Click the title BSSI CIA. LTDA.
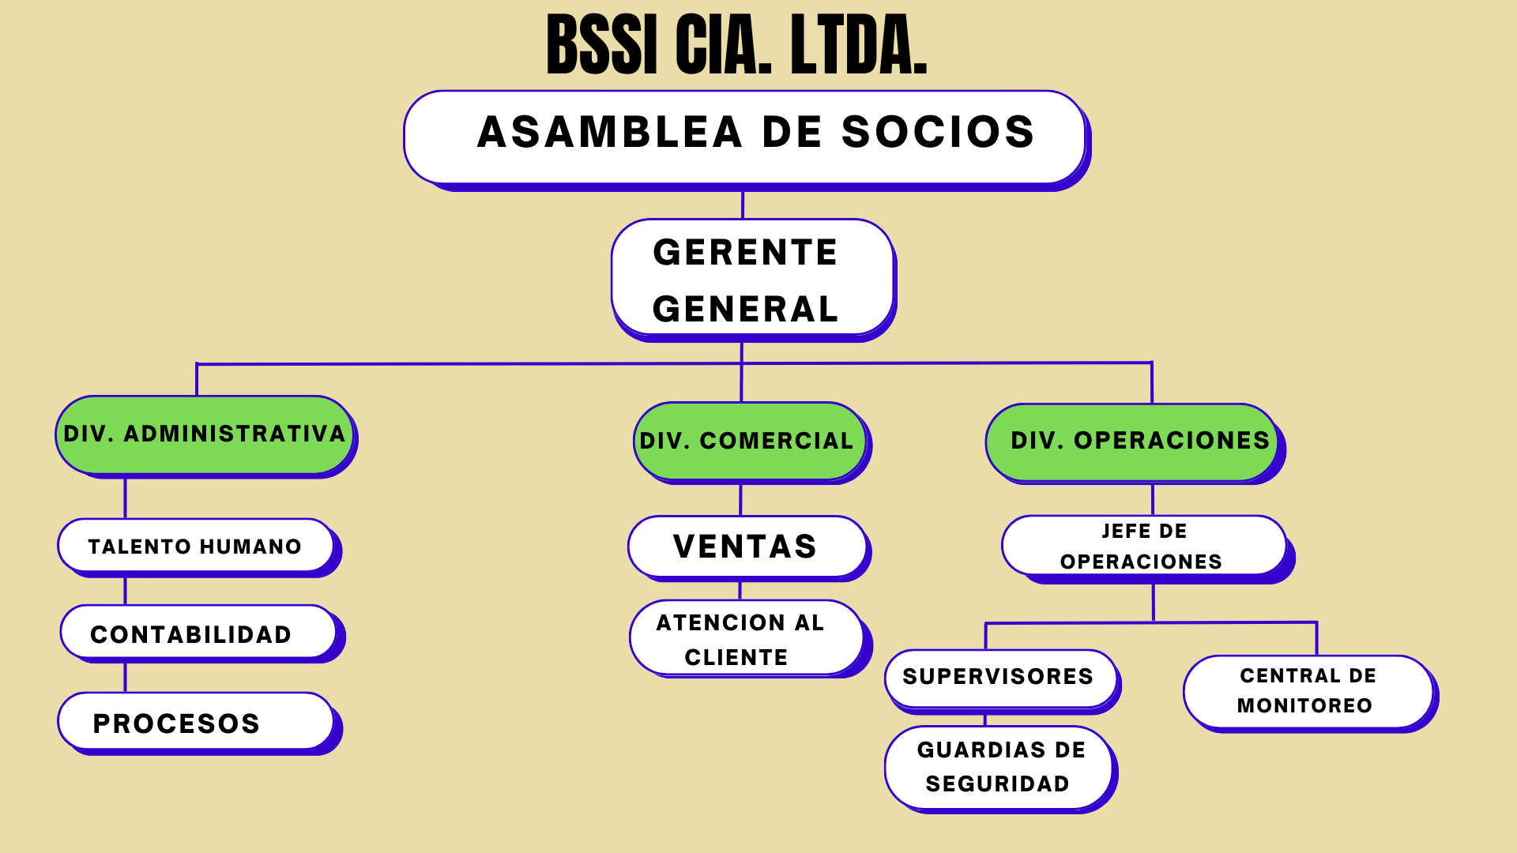coord(736,46)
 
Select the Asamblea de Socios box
coord(744,136)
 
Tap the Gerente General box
coord(752,278)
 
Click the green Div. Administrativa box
coord(205,434)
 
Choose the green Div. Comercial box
coord(749,441)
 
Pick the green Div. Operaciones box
coord(1133,442)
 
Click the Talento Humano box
coord(196,546)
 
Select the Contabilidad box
coord(198,633)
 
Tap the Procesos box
coord(196,722)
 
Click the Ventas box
coord(747,547)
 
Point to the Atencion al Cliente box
coord(746,638)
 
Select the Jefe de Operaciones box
coord(1143,546)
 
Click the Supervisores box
coord(1000,677)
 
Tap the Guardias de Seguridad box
coord(999,767)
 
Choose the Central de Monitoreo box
coord(1308,691)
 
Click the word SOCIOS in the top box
coord(938,132)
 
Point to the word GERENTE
coord(745,253)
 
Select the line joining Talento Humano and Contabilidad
coord(126,590)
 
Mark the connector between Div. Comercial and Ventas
coord(740,499)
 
